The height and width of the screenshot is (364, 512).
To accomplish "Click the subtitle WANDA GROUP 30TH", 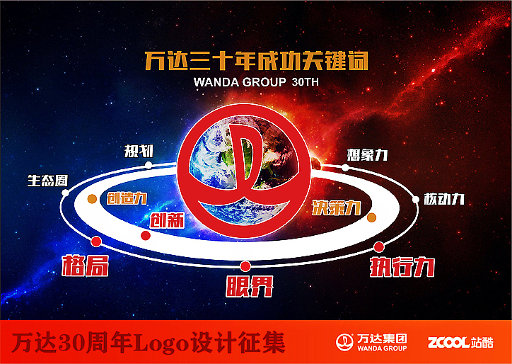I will [251, 82].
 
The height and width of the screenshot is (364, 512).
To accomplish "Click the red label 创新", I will [166, 220].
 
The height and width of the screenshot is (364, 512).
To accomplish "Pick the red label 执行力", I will [402, 268].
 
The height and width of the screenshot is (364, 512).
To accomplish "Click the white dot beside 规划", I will [149, 165].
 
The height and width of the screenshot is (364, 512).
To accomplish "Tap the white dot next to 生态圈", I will [66, 193].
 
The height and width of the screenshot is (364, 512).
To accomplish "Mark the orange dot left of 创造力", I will [91, 199].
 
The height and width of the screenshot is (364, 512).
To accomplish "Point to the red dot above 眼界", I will [245, 266].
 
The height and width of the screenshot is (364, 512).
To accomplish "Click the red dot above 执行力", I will [379, 246].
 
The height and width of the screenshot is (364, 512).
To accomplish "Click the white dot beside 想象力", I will [345, 168].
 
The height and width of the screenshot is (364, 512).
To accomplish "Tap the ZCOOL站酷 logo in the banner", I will [460, 343].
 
